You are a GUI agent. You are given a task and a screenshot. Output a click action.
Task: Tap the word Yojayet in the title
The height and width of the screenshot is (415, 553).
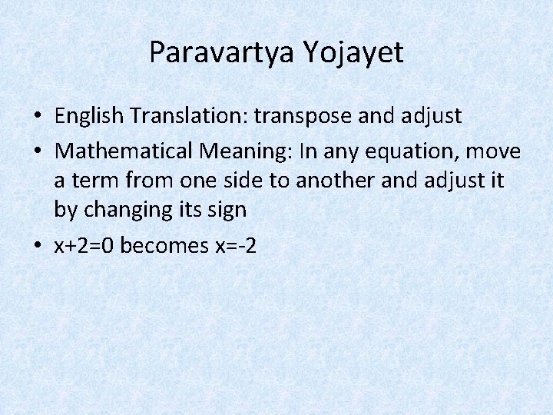(353, 52)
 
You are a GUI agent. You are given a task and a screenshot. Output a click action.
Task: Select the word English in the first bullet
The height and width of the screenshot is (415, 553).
(89, 116)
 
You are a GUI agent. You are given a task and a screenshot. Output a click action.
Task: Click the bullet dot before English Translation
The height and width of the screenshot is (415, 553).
(37, 117)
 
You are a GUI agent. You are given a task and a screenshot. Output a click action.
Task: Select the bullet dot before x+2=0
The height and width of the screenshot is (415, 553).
(37, 246)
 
